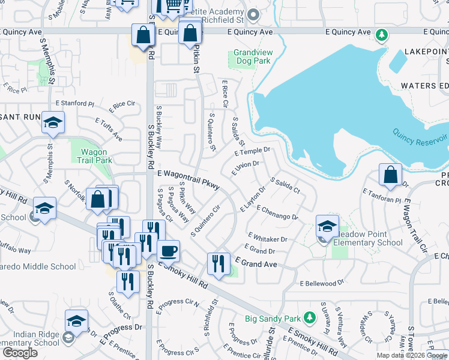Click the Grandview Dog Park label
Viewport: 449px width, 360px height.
pyautogui.click(x=253, y=56)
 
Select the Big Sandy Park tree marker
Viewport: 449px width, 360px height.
pyautogui.click(x=309, y=317)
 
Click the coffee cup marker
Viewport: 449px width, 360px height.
pyautogui.click(x=168, y=251)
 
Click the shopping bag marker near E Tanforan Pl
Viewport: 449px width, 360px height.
pyautogui.click(x=390, y=175)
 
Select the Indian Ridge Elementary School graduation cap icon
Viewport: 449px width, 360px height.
pyautogui.click(x=76, y=321)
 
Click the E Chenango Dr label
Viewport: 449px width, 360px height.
pyautogui.click(x=277, y=212)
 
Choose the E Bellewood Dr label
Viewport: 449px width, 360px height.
pyautogui.click(x=322, y=283)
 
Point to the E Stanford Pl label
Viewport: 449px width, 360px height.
pyautogui.click(x=75, y=103)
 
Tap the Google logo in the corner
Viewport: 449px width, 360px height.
pyautogui.click(x=20, y=352)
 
